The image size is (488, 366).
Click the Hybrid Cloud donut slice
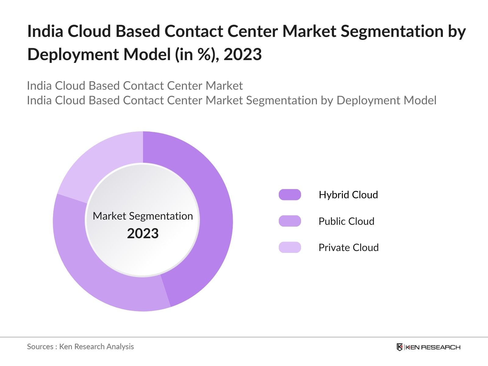click(x=213, y=213)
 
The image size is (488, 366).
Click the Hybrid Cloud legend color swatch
click(x=290, y=195)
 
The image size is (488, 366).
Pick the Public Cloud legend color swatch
click(x=290, y=221)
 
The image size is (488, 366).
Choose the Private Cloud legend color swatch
click(x=290, y=247)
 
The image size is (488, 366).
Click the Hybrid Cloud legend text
click(x=348, y=195)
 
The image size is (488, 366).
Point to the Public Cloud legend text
click(x=346, y=221)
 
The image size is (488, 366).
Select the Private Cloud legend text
click(x=348, y=247)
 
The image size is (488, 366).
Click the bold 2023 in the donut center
click(x=143, y=234)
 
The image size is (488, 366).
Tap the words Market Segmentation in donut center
click(x=143, y=216)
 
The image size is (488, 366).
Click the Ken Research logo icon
click(x=400, y=347)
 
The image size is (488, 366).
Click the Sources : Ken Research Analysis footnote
click(x=80, y=346)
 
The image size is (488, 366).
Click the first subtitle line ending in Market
click(x=135, y=86)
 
